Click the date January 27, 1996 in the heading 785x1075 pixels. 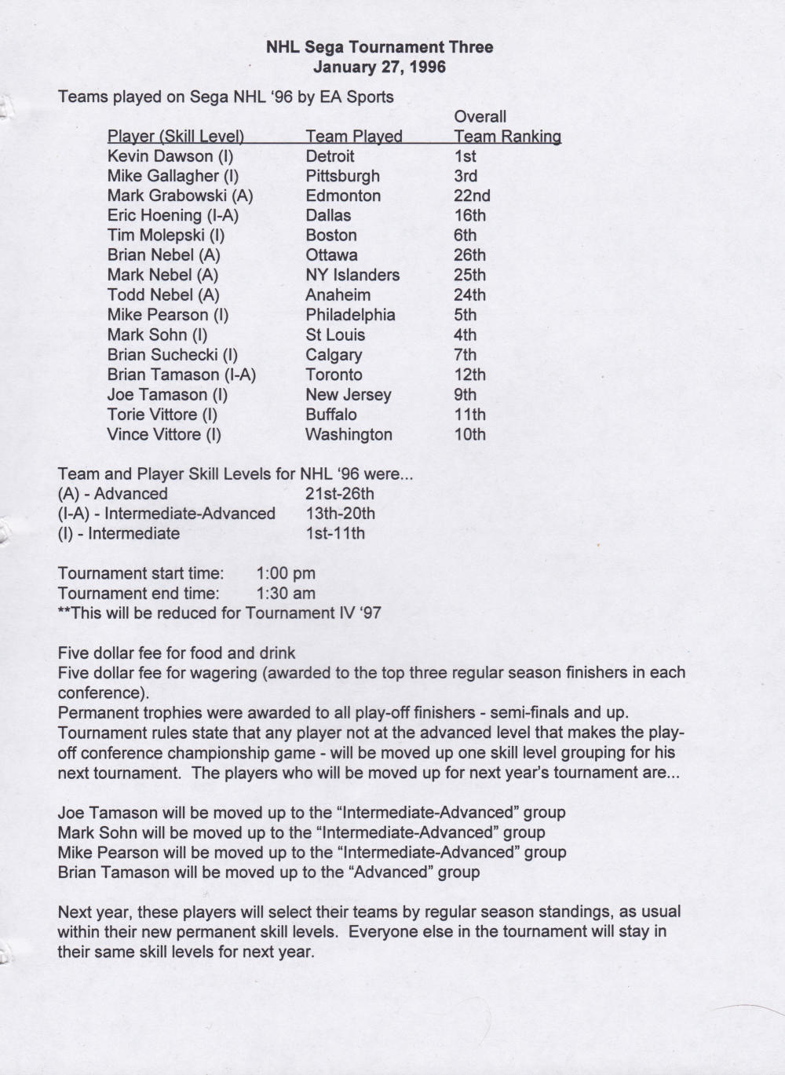pos(379,67)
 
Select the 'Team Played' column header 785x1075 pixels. pos(353,136)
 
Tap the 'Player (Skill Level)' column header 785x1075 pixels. pos(175,136)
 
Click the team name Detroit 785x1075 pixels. pos(330,156)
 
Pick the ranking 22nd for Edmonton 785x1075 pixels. pos(472,196)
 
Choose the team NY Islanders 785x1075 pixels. pos(352,275)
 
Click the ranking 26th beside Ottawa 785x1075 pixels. pos(469,255)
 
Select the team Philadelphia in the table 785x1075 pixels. pos(350,315)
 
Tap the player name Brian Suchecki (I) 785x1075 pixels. pos(173,355)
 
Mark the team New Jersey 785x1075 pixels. pos(348,395)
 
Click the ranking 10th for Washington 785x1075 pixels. pos(469,434)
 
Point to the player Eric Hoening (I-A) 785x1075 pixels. pos(173,215)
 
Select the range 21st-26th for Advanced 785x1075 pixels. pos(339,494)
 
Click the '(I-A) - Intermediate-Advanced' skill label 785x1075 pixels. pos(166,514)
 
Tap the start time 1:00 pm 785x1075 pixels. pos(286,573)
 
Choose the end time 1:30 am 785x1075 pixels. pos(286,593)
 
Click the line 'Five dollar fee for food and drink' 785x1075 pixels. pos(177,653)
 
